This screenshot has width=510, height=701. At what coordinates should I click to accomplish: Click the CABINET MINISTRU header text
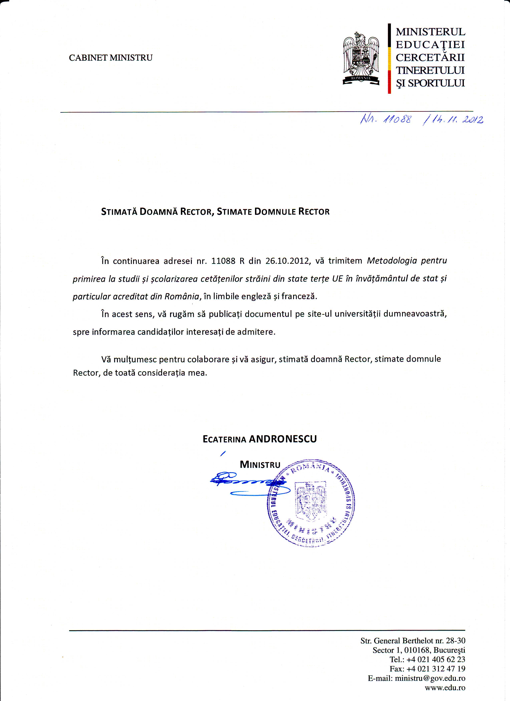coord(111,58)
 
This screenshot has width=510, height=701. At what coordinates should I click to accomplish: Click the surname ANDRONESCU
coord(283,439)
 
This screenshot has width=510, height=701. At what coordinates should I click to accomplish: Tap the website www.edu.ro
coord(445,687)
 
